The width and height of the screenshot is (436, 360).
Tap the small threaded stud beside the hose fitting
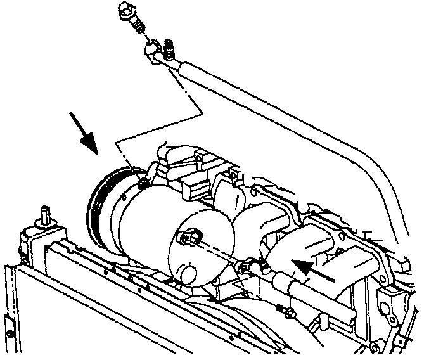(170, 48)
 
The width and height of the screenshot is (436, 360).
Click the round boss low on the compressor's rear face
(181, 274)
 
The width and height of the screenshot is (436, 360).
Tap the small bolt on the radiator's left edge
(10, 334)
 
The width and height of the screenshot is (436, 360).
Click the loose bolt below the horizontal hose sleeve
(285, 312)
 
